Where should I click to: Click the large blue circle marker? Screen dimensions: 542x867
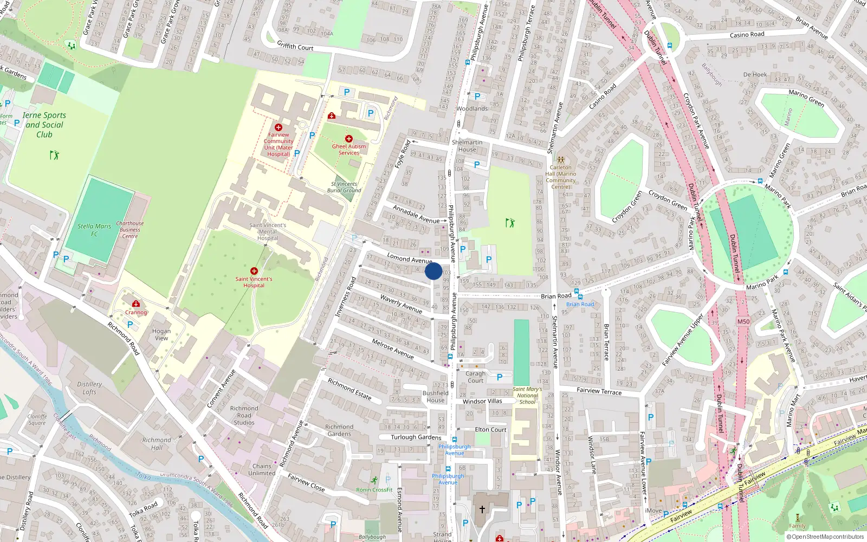point(433,271)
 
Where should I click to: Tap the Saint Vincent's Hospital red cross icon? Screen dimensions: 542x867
point(254,270)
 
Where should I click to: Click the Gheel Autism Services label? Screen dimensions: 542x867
point(349,150)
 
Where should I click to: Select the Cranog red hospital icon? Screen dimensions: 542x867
point(136,304)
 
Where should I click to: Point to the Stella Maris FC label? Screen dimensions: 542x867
point(94,230)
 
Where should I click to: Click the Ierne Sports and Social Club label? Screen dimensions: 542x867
point(44,125)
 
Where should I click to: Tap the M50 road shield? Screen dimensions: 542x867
point(743,321)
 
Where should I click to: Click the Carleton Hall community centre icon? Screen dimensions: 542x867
point(561,160)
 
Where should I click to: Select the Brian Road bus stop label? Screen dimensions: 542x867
point(580,304)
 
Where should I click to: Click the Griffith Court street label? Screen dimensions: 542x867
point(295,46)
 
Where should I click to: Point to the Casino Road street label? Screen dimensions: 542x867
point(747,35)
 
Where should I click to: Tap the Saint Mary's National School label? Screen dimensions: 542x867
point(527,396)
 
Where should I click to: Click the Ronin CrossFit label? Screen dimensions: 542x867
point(374,490)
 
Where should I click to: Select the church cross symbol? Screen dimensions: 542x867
point(482,509)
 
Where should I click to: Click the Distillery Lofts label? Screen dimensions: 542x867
point(89,388)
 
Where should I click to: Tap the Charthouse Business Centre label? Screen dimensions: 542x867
point(130,230)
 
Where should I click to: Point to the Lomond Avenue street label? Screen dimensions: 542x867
point(409,259)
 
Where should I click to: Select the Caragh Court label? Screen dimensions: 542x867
point(476,377)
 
